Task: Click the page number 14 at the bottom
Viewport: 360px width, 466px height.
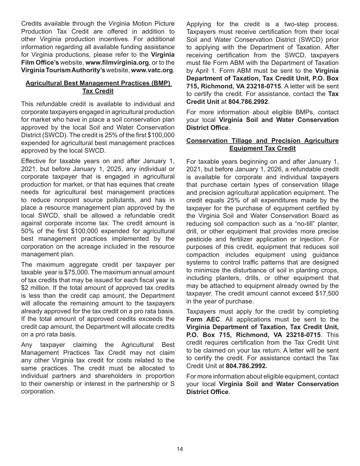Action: click(180, 449)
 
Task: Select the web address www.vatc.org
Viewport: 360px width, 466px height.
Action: click(152, 70)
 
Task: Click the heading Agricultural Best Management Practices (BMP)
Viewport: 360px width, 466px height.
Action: click(98, 83)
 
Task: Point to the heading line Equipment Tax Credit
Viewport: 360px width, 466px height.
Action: click(263, 149)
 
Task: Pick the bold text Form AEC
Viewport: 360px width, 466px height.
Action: click(203, 319)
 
